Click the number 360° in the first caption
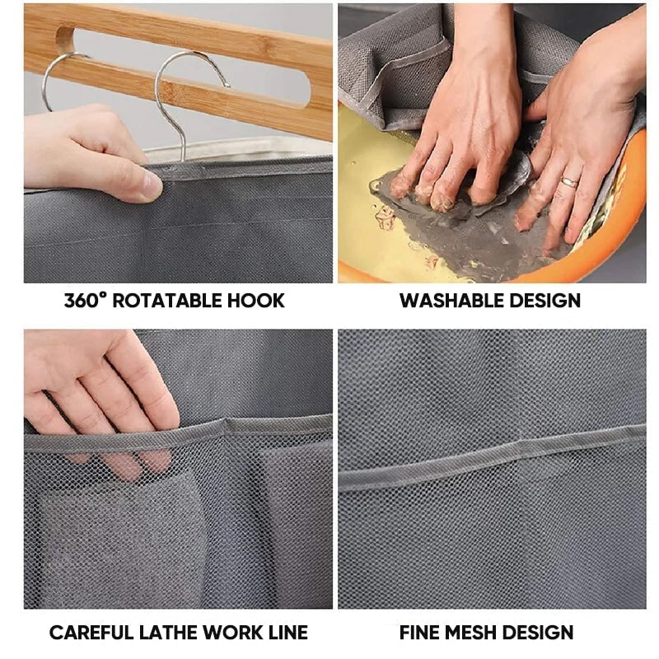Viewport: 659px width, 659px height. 85,301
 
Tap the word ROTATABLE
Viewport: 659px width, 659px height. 167,301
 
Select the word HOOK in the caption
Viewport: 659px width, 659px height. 256,301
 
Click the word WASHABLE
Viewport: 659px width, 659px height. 451,301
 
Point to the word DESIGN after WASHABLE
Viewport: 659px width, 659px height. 545,301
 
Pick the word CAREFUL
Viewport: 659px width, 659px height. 91,633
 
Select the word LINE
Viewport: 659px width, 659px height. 287,633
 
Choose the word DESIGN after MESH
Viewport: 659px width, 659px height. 538,633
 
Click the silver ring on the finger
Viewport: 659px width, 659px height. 569,182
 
